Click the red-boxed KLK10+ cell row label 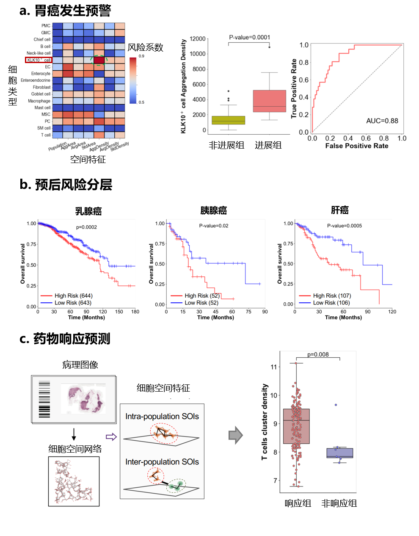pyautogui.click(x=39, y=60)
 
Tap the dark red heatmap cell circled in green pyautogui.click(x=99, y=60)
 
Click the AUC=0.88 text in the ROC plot pyautogui.click(x=382, y=121)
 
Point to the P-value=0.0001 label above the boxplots pyautogui.click(x=249, y=37)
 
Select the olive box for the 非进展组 pyautogui.click(x=228, y=120)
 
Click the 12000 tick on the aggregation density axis pyautogui.click(x=197, y=39)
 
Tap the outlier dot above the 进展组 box pyautogui.click(x=269, y=47)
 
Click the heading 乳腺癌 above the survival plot pyautogui.click(x=88, y=211)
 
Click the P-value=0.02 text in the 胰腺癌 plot pyautogui.click(x=214, y=226)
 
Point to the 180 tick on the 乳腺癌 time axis pyautogui.click(x=135, y=312)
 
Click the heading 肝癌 pyautogui.click(x=339, y=210)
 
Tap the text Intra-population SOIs pyautogui.click(x=162, y=417)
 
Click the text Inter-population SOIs pyautogui.click(x=162, y=462)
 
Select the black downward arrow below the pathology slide pyautogui.click(x=74, y=434)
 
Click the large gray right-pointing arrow pyautogui.click(x=236, y=435)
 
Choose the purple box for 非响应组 pyautogui.click(x=340, y=453)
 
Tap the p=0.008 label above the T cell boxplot pyautogui.click(x=318, y=354)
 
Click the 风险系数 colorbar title pyautogui.click(x=145, y=47)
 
